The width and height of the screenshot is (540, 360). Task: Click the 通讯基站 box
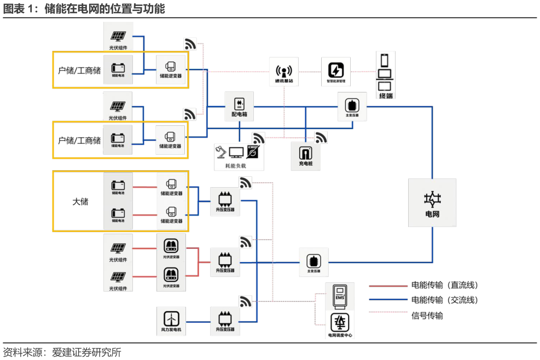(x=284, y=72)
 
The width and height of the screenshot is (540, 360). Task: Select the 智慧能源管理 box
(x=335, y=72)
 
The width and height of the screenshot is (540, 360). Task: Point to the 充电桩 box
(x=306, y=155)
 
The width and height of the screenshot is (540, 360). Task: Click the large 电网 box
(x=432, y=202)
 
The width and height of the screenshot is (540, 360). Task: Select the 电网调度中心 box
(x=340, y=325)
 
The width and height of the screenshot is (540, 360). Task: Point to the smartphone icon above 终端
(x=385, y=60)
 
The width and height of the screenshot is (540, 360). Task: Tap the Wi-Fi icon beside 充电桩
(x=321, y=138)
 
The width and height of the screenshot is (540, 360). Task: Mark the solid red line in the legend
(x=388, y=286)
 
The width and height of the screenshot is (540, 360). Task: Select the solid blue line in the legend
(x=388, y=299)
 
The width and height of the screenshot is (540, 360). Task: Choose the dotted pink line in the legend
(x=388, y=312)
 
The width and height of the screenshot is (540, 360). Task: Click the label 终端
(x=386, y=96)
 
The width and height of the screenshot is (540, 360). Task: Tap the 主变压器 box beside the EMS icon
(x=313, y=262)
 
